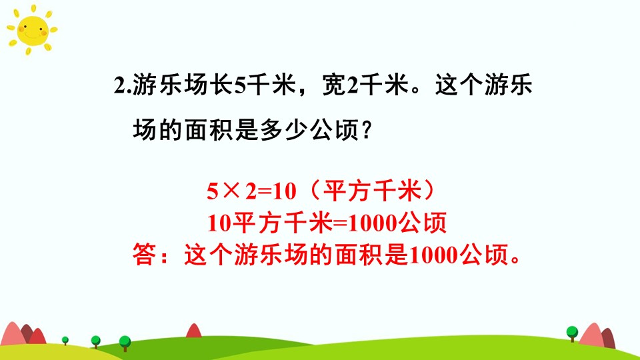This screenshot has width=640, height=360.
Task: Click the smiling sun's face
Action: click(32, 30)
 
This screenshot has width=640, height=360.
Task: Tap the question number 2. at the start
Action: click(123, 86)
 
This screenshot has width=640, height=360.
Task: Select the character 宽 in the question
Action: click(334, 85)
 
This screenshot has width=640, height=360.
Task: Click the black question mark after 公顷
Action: click(367, 130)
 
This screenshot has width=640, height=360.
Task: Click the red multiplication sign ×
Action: click(231, 191)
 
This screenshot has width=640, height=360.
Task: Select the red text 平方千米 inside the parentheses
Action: click(372, 191)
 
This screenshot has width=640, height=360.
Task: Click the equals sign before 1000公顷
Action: click(340, 223)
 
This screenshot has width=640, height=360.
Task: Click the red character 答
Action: click(144, 255)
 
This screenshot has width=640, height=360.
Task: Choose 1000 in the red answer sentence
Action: click(433, 255)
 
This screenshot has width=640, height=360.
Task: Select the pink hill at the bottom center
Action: click(194, 331)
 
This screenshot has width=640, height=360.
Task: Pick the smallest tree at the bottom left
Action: click(65, 341)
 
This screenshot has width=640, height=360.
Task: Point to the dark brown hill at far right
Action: click(609, 338)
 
